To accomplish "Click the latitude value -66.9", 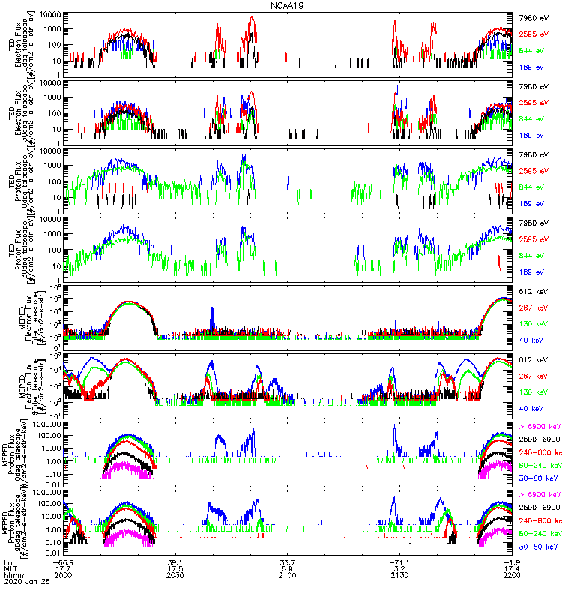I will (x=64, y=563).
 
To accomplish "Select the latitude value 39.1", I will (x=175, y=563).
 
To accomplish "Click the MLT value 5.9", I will (x=288, y=571).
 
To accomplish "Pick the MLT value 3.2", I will (x=399, y=571).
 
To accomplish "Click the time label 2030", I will (x=175, y=579).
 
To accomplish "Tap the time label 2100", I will (x=288, y=579).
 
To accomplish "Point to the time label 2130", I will (x=399, y=579).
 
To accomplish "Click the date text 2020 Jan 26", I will (x=23, y=587).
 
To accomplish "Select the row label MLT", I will (x=10, y=571).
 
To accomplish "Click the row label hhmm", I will (x=13, y=579).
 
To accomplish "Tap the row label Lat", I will (x=9, y=563).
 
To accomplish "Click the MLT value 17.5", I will (x=175, y=571).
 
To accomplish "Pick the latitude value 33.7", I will (x=288, y=563).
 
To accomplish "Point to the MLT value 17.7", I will (x=64, y=571).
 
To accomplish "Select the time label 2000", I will (x=64, y=579).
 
